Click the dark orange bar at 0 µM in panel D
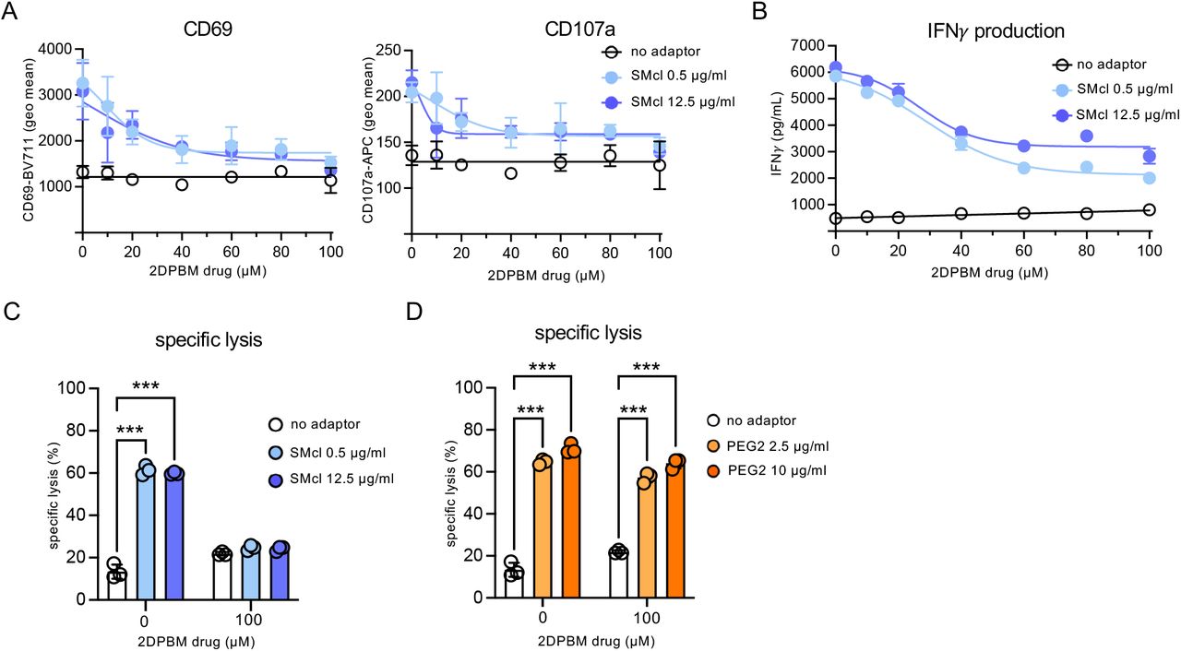coord(572,523)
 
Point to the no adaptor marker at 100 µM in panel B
coord(1149,210)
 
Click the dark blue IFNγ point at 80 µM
coord(1087,136)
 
